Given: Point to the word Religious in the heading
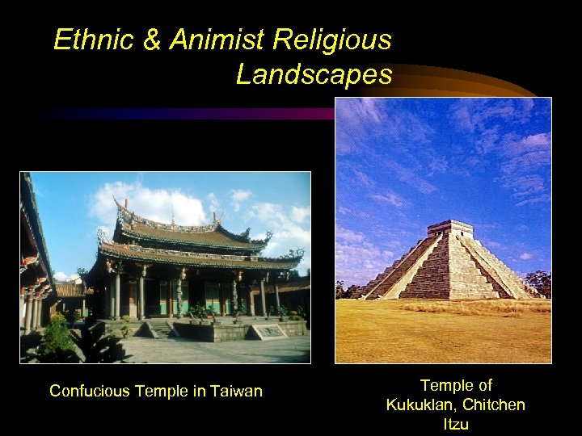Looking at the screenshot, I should pos(332,40).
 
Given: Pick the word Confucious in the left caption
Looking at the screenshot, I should pos(91,392).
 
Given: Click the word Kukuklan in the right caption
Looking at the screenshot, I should pos(420,405).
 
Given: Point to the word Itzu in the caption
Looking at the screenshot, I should pos(456,423).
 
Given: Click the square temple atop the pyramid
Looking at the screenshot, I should pos(450,228).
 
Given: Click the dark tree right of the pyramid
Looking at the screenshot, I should pos(538,283).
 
